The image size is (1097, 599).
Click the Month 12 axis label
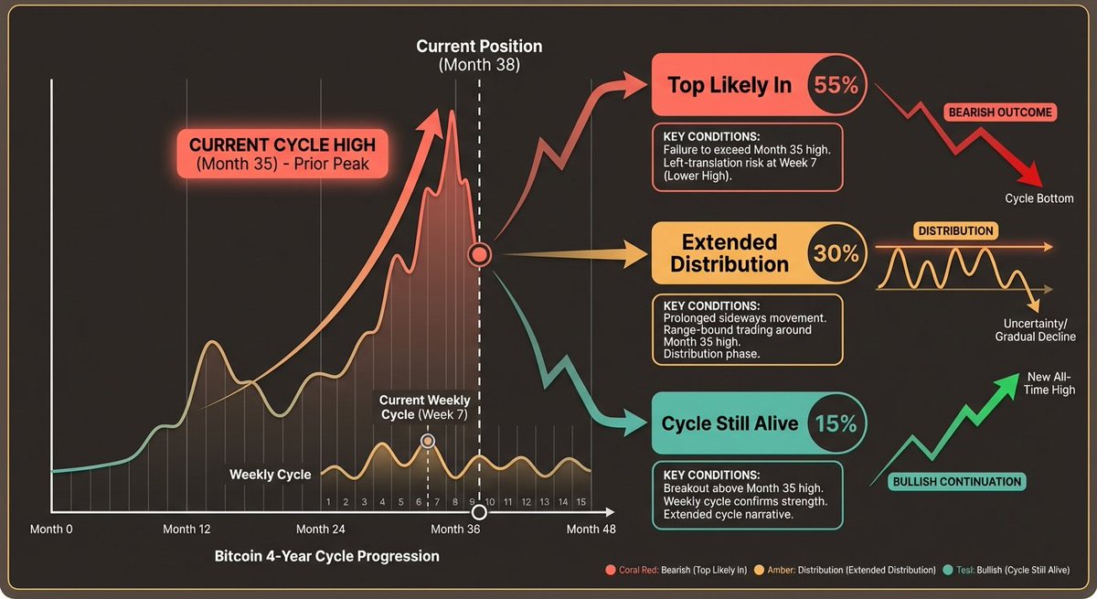tap(186, 529)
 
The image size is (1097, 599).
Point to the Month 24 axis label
tap(321, 529)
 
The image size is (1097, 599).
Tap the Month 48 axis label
tap(591, 529)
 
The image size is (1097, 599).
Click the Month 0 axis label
tap(51, 529)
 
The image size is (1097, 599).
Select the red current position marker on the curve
tap(480, 254)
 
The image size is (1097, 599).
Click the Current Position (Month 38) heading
tap(479, 55)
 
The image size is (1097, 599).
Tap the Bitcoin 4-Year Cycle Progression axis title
tap(326, 556)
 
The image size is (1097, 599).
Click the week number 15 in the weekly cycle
tap(580, 502)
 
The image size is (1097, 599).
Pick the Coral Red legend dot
tap(610, 570)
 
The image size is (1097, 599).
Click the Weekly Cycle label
tap(270, 474)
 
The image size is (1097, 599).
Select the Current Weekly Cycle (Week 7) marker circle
tap(427, 441)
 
